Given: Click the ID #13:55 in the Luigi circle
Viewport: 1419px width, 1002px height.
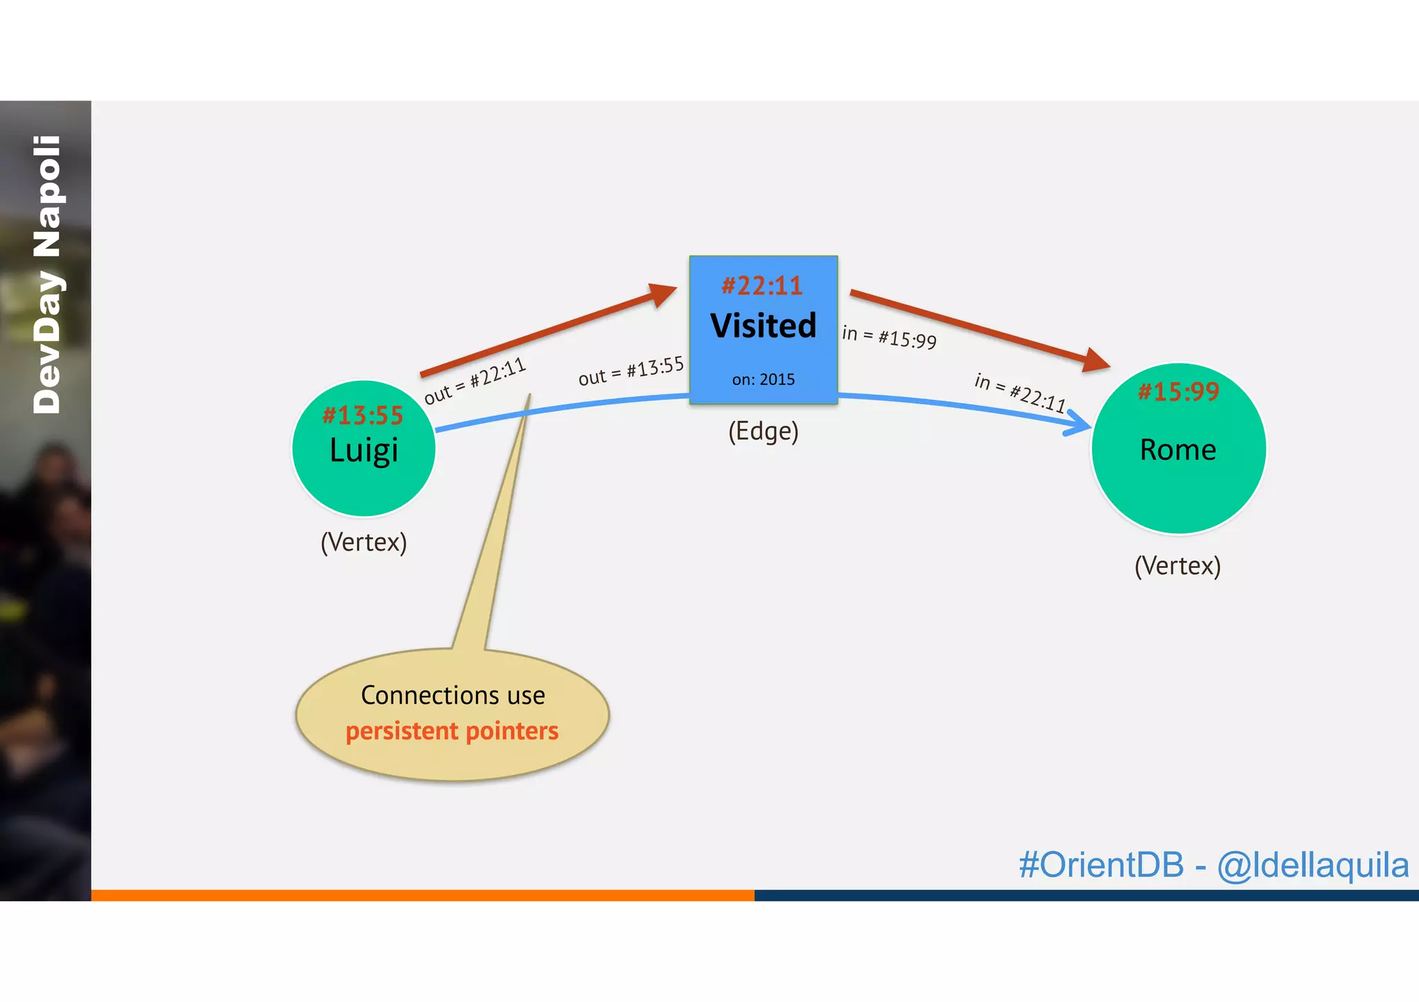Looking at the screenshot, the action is click(362, 415).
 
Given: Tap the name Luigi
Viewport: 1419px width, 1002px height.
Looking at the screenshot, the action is click(364, 451).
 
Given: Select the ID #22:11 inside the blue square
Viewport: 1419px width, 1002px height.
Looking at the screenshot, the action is click(762, 286).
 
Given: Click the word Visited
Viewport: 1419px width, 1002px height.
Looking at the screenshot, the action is click(763, 325).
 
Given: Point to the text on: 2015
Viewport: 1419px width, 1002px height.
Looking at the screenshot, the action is click(763, 379).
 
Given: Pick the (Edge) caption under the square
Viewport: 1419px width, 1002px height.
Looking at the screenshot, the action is click(763, 431).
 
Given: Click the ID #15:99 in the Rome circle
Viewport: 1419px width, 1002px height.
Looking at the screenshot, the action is click(1178, 392).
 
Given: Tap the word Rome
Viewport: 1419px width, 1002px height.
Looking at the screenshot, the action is click(1178, 450).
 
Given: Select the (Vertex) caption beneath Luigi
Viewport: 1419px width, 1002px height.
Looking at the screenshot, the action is click(364, 542).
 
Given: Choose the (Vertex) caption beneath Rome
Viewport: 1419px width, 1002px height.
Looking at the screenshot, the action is click(1177, 566).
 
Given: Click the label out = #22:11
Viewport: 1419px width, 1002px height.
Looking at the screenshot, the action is click(475, 382).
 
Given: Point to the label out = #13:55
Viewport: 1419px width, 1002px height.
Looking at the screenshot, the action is click(631, 371).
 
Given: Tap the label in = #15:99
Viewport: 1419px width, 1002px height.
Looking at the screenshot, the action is click(889, 337).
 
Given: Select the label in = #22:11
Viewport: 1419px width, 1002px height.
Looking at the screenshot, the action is click(1019, 393).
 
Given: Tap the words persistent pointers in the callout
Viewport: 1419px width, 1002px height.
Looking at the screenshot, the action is click(452, 731).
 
